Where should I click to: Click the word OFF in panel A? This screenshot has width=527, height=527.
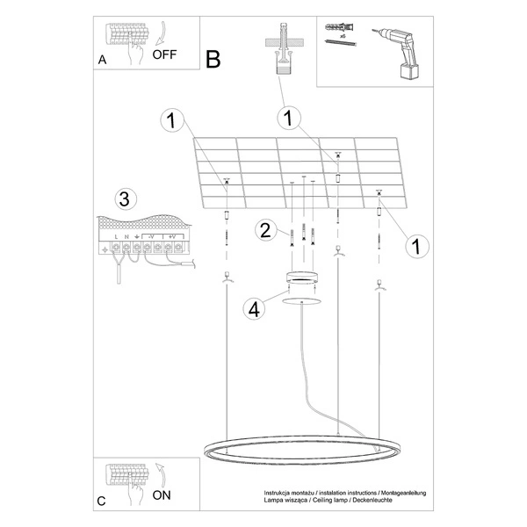click(164, 54)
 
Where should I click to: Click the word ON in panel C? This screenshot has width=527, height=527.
click(162, 495)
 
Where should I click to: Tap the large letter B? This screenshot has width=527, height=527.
click(213, 59)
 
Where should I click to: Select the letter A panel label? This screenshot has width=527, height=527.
click(103, 61)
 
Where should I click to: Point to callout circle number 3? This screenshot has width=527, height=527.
click(125, 199)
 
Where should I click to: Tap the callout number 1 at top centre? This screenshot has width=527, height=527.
click(285, 117)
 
